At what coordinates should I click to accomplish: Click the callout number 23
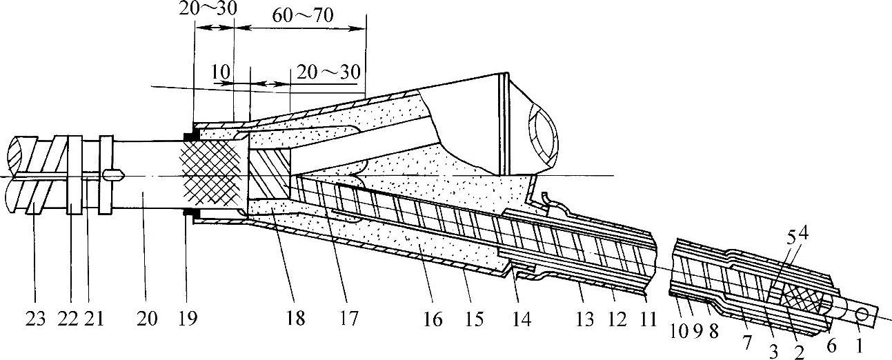coord(37,319)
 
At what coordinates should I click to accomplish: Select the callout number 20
coord(147,319)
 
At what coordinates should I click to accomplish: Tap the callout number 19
coord(187,319)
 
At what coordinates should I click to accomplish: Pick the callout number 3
coord(774,352)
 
